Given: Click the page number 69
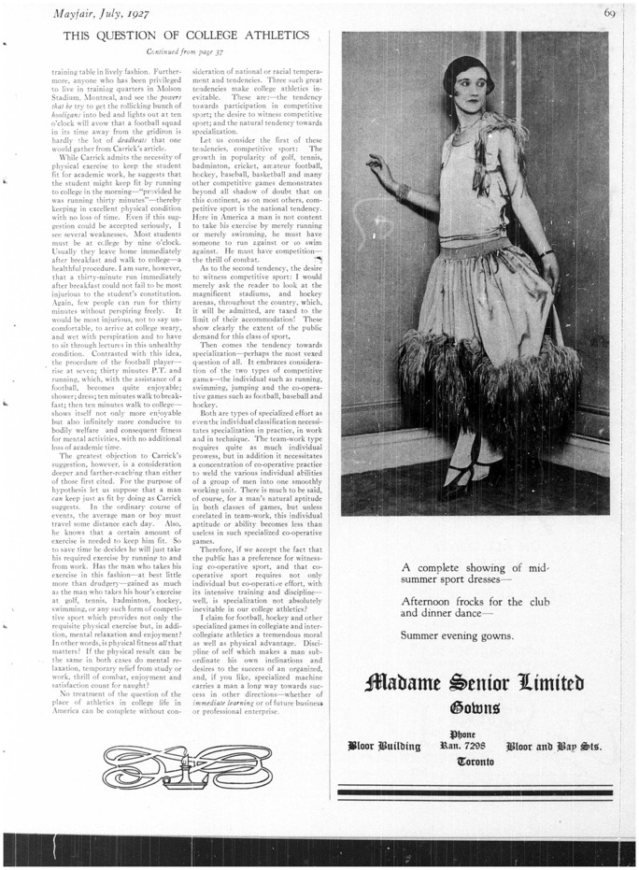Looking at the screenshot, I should (x=609, y=11).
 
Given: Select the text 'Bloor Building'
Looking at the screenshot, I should (x=384, y=746).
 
